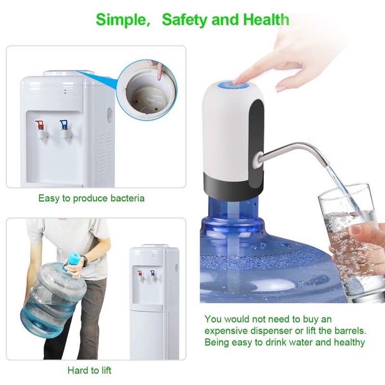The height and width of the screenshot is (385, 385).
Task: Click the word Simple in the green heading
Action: coord(121,20)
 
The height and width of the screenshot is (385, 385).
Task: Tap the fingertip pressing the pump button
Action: coord(237,80)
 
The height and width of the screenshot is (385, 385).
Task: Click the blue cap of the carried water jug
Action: coord(74,259)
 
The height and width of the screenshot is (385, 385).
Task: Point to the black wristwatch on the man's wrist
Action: coord(85,261)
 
